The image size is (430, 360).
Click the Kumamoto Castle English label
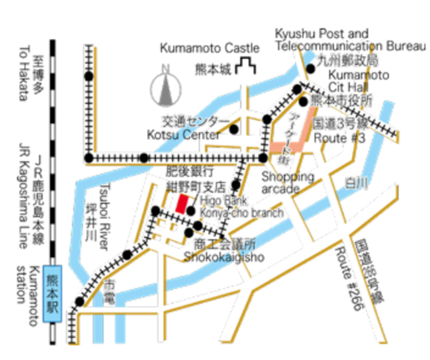pyautogui.click(x=209, y=48)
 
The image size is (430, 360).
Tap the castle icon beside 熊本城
pyautogui.click(x=245, y=66)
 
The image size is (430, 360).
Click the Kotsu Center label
pyautogui.click(x=184, y=135)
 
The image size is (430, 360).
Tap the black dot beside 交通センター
pyautogui.click(x=233, y=129)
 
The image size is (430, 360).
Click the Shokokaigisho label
pyautogui.click(x=224, y=257)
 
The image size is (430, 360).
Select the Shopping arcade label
pyautogui.click(x=288, y=182)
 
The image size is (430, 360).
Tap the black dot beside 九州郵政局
pyautogui.click(x=310, y=69)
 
